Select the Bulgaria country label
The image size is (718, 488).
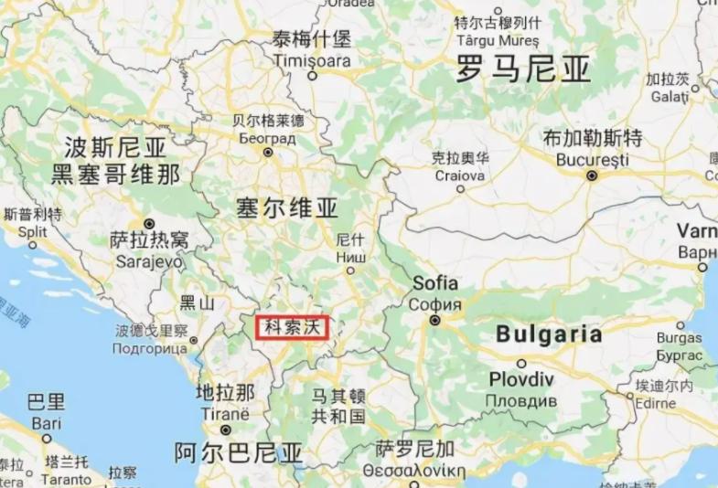[x=549, y=334]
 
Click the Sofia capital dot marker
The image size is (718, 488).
[x=435, y=320]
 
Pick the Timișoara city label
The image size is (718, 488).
[x=311, y=60]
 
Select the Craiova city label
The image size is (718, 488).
[x=459, y=175]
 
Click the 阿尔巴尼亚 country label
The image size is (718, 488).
[x=238, y=452]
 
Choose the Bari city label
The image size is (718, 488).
[x=46, y=423]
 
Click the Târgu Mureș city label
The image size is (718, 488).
[x=497, y=41]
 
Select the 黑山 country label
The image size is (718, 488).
[x=197, y=302]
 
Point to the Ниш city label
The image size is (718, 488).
[x=351, y=257]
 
